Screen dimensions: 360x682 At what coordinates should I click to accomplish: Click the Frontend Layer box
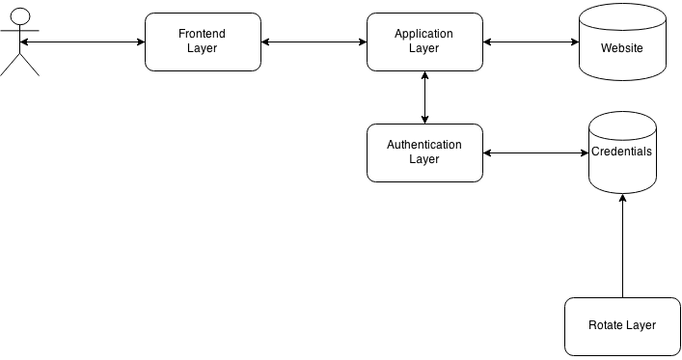click(203, 42)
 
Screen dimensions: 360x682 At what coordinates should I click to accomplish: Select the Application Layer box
click(424, 42)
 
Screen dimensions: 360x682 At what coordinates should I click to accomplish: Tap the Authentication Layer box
click(424, 152)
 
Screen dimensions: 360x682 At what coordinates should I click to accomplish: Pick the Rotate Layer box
click(622, 325)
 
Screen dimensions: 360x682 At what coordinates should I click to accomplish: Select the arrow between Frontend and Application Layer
click(314, 42)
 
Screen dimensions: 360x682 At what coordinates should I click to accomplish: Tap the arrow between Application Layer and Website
click(531, 42)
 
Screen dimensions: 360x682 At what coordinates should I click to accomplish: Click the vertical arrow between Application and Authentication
click(424, 97)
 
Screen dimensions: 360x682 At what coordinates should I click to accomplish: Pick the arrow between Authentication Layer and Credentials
click(535, 152)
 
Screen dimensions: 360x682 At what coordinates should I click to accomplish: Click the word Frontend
click(203, 34)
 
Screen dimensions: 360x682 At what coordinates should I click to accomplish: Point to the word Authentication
click(424, 145)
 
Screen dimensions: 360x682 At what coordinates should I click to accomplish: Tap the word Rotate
click(606, 325)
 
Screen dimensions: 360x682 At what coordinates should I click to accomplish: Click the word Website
click(622, 47)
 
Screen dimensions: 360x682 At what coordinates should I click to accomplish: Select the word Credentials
click(622, 152)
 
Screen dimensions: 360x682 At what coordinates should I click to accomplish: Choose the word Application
click(424, 34)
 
